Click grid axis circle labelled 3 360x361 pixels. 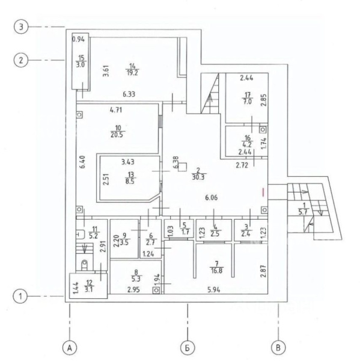point(21,27)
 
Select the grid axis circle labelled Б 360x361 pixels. point(188,348)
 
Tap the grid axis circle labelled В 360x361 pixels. point(278,348)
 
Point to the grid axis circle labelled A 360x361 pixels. point(70,348)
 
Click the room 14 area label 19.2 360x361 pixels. point(132,73)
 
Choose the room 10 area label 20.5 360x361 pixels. point(117,135)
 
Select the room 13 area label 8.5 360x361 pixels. point(130,182)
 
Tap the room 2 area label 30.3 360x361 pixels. point(198,177)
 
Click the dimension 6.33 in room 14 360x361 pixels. point(129,94)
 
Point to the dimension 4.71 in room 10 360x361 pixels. point(116,110)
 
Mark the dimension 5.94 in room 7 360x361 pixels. point(214,289)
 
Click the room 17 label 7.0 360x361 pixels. point(248,102)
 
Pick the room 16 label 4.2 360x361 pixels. point(247,145)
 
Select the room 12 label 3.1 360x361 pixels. point(88,289)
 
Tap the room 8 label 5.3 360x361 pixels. point(136,279)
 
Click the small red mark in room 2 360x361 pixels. point(263,192)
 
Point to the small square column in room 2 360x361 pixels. point(183,167)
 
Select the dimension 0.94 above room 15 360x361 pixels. point(79,39)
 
